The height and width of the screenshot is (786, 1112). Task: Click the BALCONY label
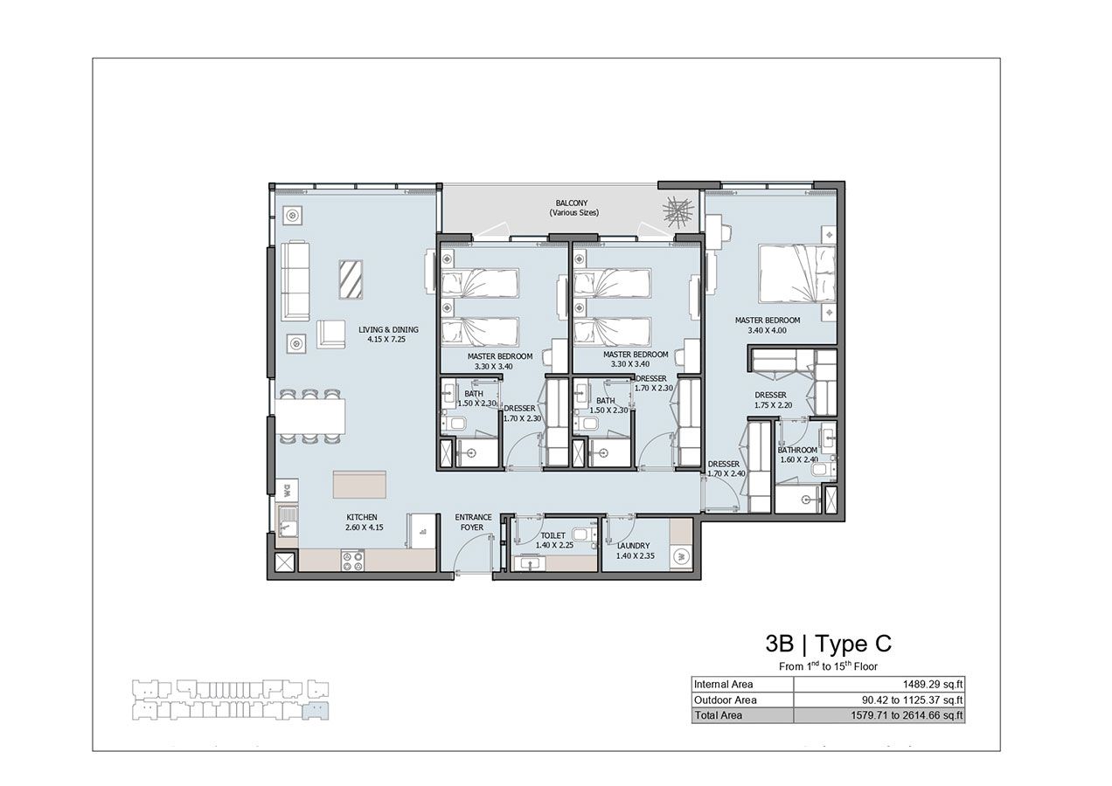tap(570, 203)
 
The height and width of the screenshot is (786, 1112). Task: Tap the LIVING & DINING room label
tap(388, 330)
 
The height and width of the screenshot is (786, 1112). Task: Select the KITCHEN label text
tap(361, 517)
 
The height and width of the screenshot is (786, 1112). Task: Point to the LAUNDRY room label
tap(632, 546)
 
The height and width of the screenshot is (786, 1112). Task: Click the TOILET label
tap(553, 535)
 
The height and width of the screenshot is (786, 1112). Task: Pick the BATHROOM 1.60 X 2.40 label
tap(797, 451)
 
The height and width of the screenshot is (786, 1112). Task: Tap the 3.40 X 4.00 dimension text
tap(767, 331)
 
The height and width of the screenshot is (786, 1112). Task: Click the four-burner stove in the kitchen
tap(352, 560)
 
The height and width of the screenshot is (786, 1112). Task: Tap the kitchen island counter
tap(359, 485)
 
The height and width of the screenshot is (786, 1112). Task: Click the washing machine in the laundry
tap(680, 555)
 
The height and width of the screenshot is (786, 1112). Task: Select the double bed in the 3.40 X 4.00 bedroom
tap(796, 273)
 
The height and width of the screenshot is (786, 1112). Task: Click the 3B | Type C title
tap(827, 645)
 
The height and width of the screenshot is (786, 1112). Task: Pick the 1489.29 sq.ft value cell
tap(879, 685)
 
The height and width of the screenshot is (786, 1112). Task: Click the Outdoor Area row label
tap(725, 700)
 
